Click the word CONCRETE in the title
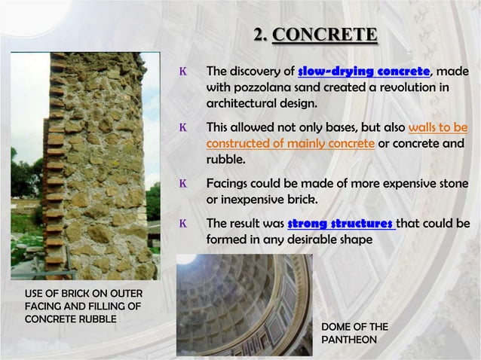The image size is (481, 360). click(325, 35)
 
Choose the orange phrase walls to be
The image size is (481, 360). click(438, 127)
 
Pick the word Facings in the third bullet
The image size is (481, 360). click(229, 184)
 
